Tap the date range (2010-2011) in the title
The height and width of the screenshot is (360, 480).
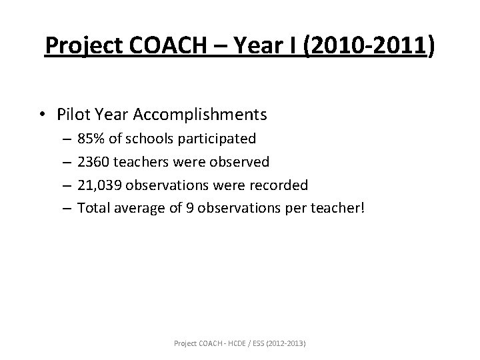coord(369,47)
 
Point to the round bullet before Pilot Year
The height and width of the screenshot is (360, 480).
coord(46,115)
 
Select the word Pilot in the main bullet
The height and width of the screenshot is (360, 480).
coord(73,115)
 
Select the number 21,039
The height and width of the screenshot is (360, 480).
coord(100,184)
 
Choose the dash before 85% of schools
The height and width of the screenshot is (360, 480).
coord(66,139)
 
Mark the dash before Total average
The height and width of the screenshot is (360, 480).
coord(66,207)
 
